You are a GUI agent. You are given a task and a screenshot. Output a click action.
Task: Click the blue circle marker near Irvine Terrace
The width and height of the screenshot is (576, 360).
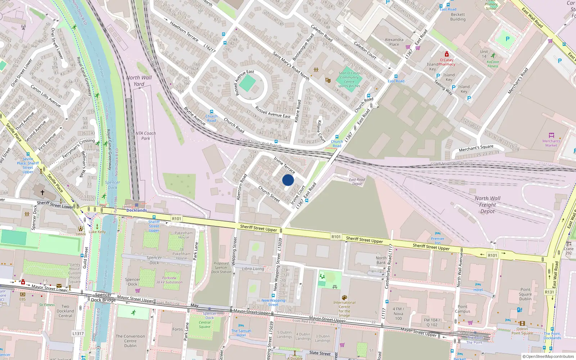tap(288, 180)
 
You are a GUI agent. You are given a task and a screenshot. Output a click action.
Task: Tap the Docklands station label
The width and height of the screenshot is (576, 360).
tap(136, 210)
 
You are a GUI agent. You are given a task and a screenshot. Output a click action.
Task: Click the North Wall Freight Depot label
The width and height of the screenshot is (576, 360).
tap(487, 205)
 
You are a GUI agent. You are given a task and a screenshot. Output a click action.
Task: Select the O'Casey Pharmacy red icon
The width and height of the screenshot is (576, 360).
tap(446, 54)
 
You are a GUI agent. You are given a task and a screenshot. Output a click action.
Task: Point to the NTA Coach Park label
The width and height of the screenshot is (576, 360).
tap(146, 136)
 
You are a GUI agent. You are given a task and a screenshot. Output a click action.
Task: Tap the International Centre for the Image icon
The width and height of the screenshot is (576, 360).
tap(344, 298)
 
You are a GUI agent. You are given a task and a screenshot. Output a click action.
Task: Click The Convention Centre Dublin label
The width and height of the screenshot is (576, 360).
tap(130, 341)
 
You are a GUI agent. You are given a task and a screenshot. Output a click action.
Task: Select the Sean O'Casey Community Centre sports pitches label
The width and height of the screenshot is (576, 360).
tap(349, 80)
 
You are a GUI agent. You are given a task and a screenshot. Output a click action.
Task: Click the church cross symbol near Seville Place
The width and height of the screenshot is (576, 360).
tap(42, 193)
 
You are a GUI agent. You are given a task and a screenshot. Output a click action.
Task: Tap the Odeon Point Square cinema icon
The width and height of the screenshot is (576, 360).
tap(522, 323)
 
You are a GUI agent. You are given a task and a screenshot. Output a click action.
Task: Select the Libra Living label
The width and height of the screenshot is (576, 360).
tap(253, 269)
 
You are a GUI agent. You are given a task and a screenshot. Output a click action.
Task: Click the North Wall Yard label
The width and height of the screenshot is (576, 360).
tap(139, 81)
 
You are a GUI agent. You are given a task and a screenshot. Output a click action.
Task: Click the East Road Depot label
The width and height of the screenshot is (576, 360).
tap(357, 181)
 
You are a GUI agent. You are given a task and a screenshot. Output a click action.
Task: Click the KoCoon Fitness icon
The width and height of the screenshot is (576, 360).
tap(493, 55)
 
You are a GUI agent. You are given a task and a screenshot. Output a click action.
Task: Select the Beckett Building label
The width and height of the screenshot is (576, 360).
tap(458, 17)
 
